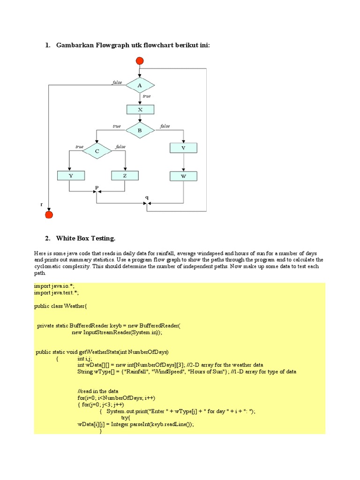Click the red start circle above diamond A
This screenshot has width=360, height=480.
coord(140,60)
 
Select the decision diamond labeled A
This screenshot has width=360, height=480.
coord(140,85)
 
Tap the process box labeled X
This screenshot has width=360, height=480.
coord(140,109)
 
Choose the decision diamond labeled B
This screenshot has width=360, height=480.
coord(140,130)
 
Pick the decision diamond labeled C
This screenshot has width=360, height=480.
coord(97,151)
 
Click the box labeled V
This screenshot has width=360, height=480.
coord(183,148)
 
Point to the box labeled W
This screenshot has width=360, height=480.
coord(183,176)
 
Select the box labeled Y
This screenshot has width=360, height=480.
coord(71,176)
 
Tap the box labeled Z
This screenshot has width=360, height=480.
coord(125,176)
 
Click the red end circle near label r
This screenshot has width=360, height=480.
coord(49,215)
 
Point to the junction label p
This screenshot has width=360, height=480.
coord(97,187)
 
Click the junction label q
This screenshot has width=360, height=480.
coord(147,197)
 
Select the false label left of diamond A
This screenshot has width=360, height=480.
coord(117,82)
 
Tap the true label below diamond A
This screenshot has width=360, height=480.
coord(147,96)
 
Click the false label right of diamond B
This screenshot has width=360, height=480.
coord(165,126)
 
